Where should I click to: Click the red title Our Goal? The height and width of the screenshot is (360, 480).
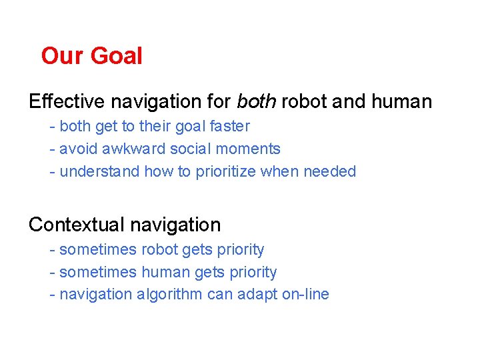(x=91, y=55)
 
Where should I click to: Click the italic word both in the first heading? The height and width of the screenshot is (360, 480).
(x=257, y=101)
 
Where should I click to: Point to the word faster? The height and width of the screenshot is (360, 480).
(x=227, y=126)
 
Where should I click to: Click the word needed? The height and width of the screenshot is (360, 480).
(x=329, y=171)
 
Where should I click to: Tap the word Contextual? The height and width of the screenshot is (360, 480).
(x=75, y=225)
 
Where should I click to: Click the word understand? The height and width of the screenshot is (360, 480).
(x=99, y=171)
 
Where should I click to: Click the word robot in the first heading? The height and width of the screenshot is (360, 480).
(x=305, y=101)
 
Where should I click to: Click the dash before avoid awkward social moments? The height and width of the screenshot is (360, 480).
(x=52, y=149)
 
